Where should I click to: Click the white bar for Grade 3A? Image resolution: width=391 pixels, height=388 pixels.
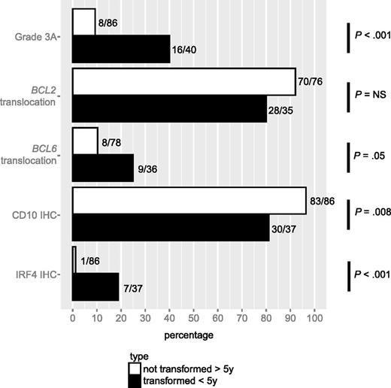point(84,23)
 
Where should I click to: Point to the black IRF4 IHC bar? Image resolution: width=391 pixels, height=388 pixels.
point(95,286)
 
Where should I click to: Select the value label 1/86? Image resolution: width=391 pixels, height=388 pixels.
point(92,260)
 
